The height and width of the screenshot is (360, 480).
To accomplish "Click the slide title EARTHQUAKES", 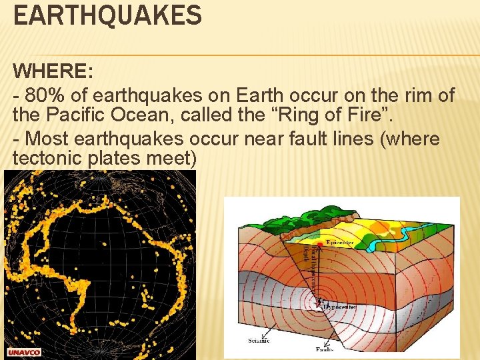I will click(x=107, y=15).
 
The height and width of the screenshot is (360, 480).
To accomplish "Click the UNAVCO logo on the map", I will click(x=24, y=352).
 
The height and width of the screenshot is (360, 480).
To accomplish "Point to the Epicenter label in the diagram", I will click(x=340, y=242).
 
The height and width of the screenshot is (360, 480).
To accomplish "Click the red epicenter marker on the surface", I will click(x=320, y=245).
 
